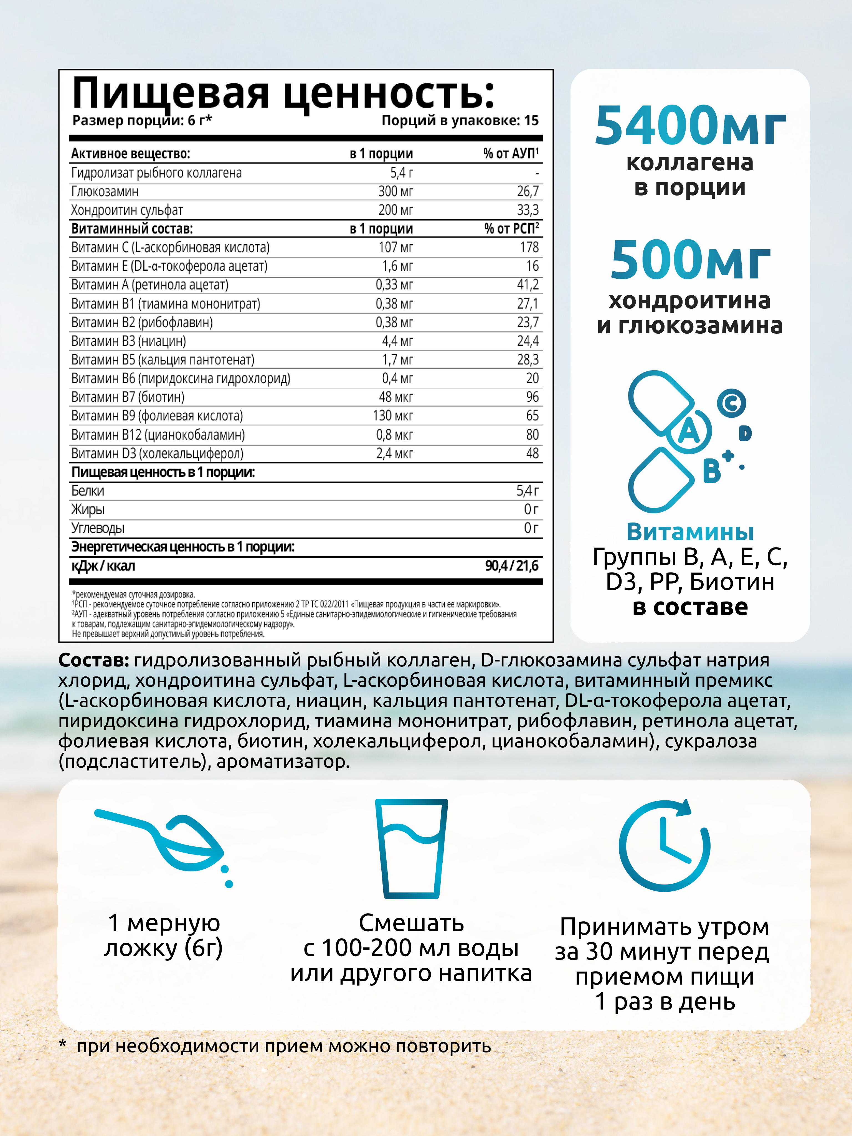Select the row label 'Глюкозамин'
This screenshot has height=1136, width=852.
[x=105, y=192]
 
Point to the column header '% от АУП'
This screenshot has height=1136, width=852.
[x=511, y=154]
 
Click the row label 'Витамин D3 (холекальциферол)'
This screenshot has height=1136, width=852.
[x=157, y=453]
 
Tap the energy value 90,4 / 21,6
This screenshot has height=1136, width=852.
[x=511, y=566]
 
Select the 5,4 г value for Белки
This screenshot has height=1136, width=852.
[x=528, y=491]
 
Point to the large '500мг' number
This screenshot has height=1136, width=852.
[x=690, y=260]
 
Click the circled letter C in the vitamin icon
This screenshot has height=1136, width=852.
[x=731, y=403]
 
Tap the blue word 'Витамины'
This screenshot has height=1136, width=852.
[x=690, y=532]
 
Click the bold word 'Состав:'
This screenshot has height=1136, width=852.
[x=93, y=660]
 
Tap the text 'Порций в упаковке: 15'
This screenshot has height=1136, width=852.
[x=460, y=121]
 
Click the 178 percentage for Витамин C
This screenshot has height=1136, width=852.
[x=529, y=248]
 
